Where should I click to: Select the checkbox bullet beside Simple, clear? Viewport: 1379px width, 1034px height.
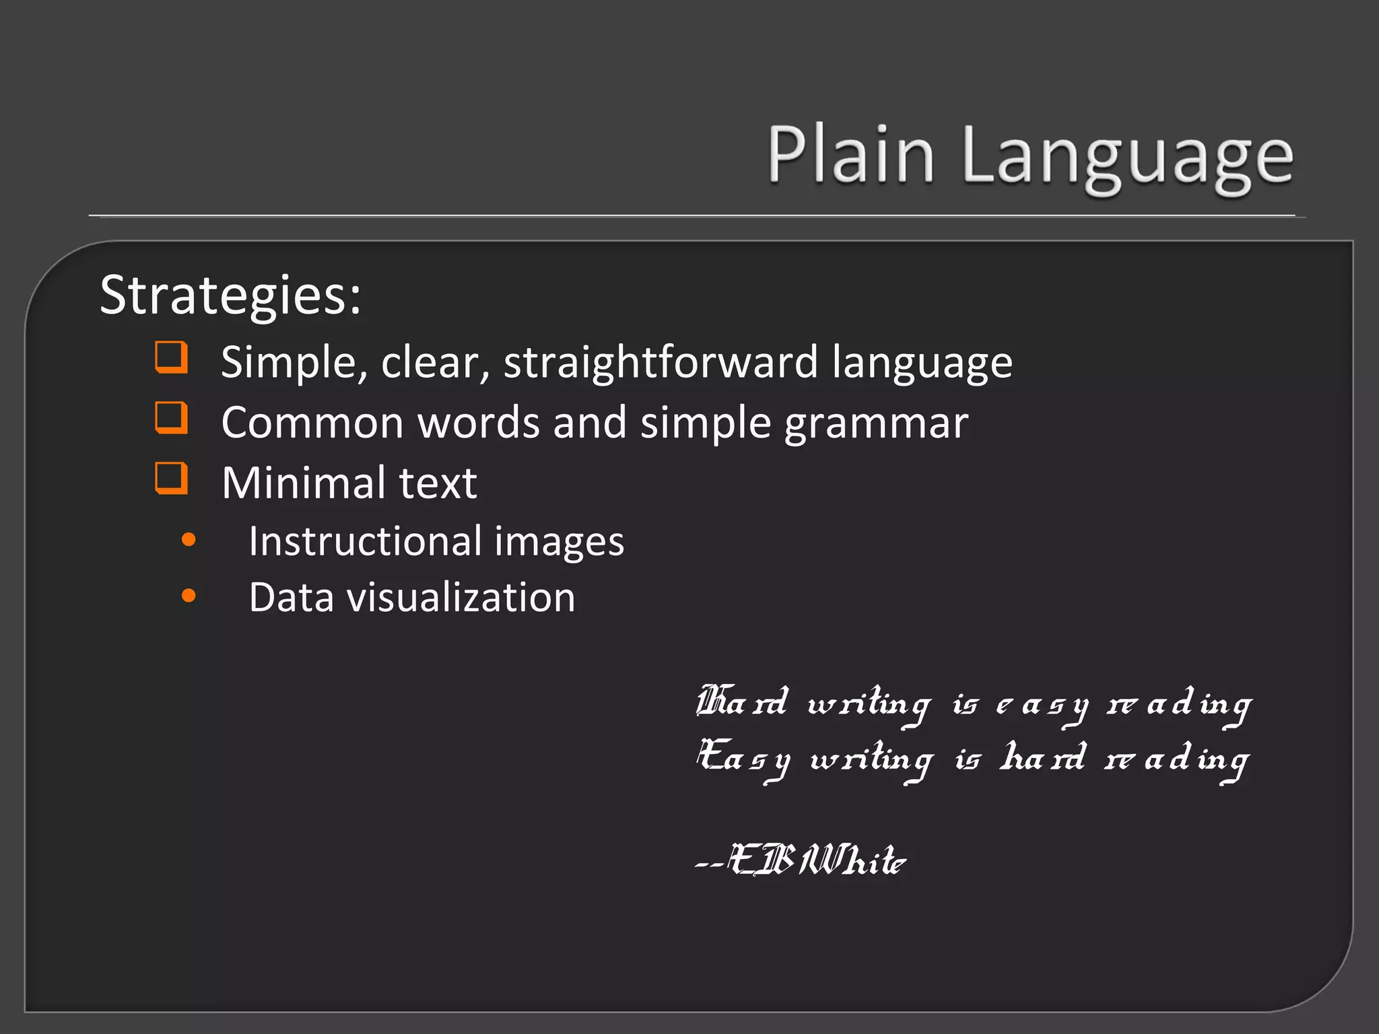[171, 357]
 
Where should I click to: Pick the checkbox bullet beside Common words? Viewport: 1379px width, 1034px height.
[171, 418]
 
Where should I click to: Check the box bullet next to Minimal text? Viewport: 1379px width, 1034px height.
[171, 478]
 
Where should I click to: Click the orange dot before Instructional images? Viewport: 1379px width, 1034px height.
[189, 539]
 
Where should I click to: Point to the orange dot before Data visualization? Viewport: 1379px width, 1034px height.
[189, 596]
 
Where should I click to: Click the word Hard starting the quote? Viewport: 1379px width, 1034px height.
[741, 703]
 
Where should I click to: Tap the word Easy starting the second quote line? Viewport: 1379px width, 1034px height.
[743, 758]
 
